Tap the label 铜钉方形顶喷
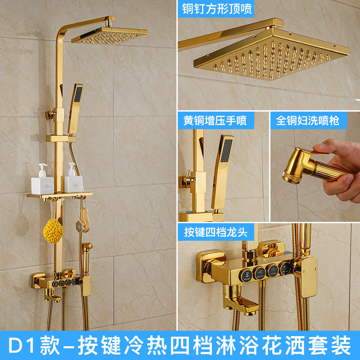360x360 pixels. (x=217, y=9)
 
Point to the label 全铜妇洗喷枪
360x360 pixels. (x=308, y=120)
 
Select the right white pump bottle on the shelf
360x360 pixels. (x=72, y=179)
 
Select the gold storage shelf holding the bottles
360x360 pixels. (x=59, y=195)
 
